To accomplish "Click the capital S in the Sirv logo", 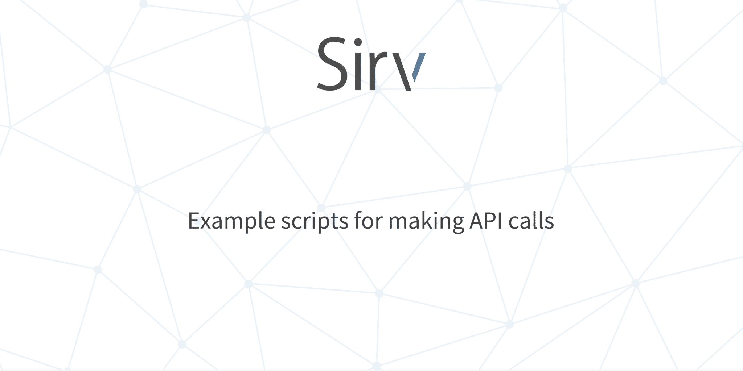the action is coord(333,63).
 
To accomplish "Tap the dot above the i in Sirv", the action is coord(358,42).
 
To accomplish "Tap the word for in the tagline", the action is coord(369,220).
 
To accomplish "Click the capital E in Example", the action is coord(194,221).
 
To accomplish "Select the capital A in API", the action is coord(477,221).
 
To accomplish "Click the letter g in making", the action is coord(458,225).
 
